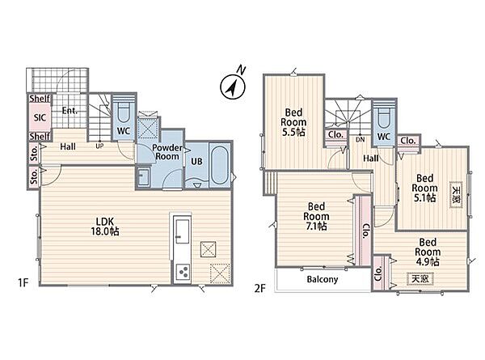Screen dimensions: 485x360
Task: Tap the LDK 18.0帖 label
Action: (105, 227)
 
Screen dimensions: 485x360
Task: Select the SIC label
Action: (40, 117)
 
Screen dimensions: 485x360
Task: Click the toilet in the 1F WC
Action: (124, 112)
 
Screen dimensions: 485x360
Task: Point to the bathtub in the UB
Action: (219, 165)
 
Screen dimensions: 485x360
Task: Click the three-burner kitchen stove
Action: (182, 272)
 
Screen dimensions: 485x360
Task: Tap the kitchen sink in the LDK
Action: (182, 231)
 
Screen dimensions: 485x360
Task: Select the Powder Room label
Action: (167, 152)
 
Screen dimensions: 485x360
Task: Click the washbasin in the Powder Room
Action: (144, 176)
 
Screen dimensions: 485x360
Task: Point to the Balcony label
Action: (323, 280)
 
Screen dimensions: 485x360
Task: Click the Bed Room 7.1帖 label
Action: (316, 216)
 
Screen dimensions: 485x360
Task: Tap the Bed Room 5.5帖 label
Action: (293, 122)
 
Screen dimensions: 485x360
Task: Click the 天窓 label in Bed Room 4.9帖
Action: (420, 279)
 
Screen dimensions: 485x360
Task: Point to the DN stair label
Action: (360, 140)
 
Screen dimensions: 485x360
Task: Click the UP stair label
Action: (99, 146)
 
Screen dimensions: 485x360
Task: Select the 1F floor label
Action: (23, 282)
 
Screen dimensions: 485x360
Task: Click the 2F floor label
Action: (260, 288)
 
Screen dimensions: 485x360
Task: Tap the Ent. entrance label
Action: (70, 111)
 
